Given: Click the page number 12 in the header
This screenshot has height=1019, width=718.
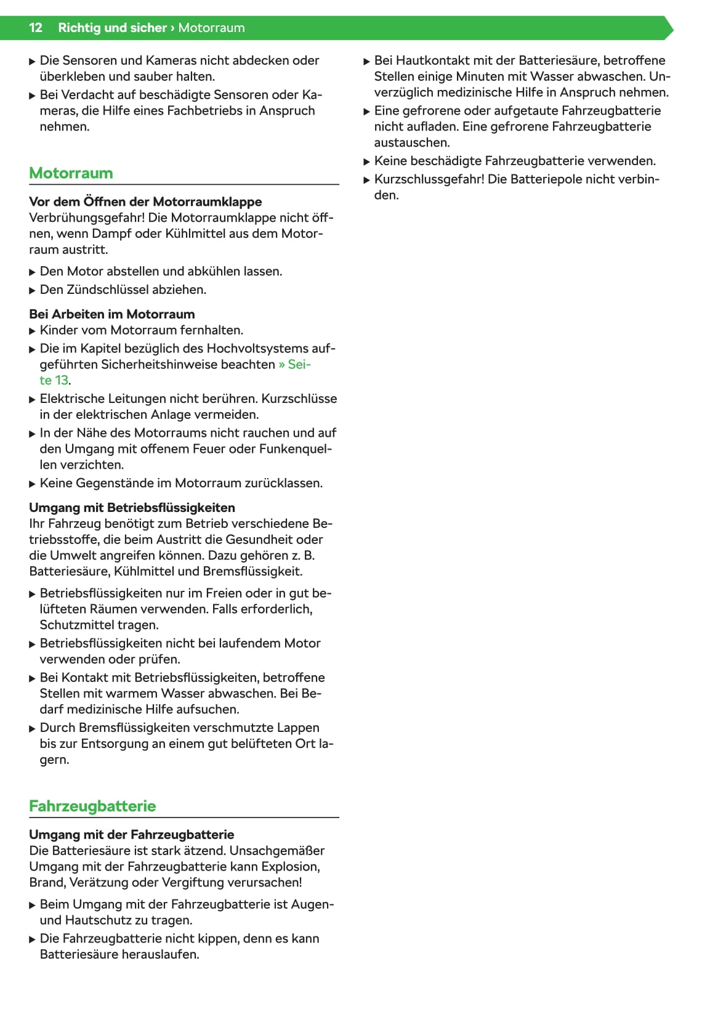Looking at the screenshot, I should click(x=36, y=28).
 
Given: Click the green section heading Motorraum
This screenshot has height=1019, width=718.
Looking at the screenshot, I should click(x=71, y=173).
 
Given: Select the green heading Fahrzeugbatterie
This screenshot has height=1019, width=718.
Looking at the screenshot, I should click(x=92, y=806).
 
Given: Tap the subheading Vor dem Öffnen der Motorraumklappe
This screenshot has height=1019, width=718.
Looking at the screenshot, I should click(x=145, y=201).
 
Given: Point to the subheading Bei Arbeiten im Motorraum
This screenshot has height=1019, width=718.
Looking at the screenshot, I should click(x=111, y=314).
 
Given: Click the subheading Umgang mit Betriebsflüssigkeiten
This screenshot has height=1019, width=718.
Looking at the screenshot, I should click(x=132, y=508).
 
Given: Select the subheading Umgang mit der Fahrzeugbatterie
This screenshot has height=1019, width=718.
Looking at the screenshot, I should click(x=131, y=835).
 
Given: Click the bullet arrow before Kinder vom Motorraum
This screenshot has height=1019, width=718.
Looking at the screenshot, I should click(x=33, y=331).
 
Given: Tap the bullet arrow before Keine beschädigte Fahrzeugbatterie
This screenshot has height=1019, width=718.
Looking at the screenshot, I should click(x=367, y=162).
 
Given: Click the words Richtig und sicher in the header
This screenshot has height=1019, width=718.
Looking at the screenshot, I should click(x=112, y=28).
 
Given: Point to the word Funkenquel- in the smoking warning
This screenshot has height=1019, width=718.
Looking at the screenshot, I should click(x=296, y=449).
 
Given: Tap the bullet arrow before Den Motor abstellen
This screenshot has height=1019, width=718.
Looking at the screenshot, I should click(x=33, y=272).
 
